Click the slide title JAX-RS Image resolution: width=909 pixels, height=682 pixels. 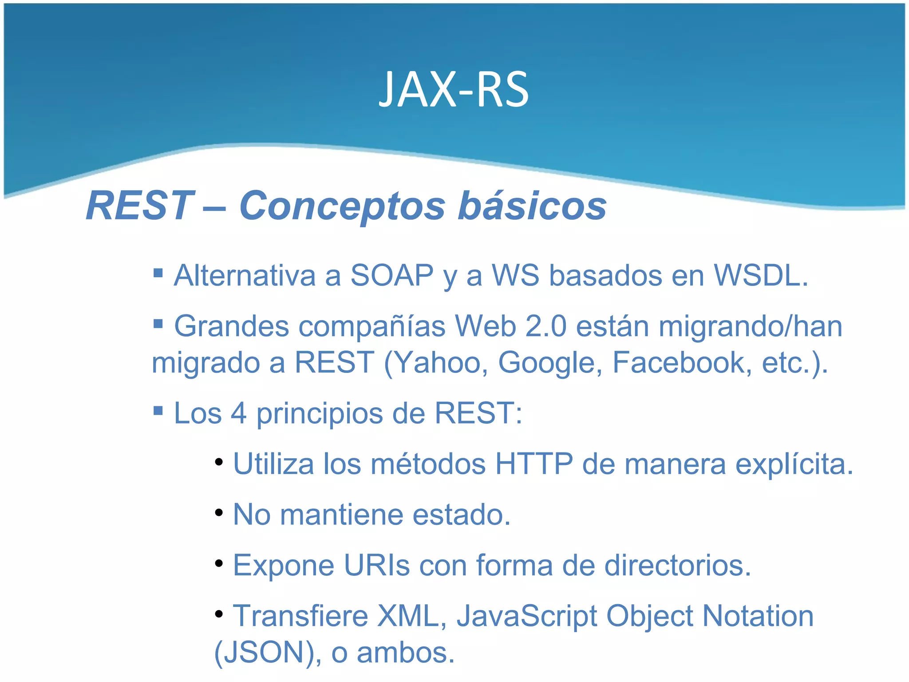[454, 90]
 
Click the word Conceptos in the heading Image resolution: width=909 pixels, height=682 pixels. [342, 206]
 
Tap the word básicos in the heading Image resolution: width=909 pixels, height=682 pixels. [532, 206]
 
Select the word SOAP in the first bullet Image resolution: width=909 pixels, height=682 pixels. [391, 276]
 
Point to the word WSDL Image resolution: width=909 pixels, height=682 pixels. [760, 276]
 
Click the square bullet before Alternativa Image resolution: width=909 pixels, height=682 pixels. [158, 272]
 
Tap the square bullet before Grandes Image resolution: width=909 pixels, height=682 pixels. [158, 323]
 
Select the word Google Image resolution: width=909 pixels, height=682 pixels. [549, 363]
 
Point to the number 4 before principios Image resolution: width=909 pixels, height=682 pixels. [238, 413]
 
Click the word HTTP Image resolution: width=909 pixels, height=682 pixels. [534, 464]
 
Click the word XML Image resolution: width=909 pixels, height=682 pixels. [411, 616]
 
